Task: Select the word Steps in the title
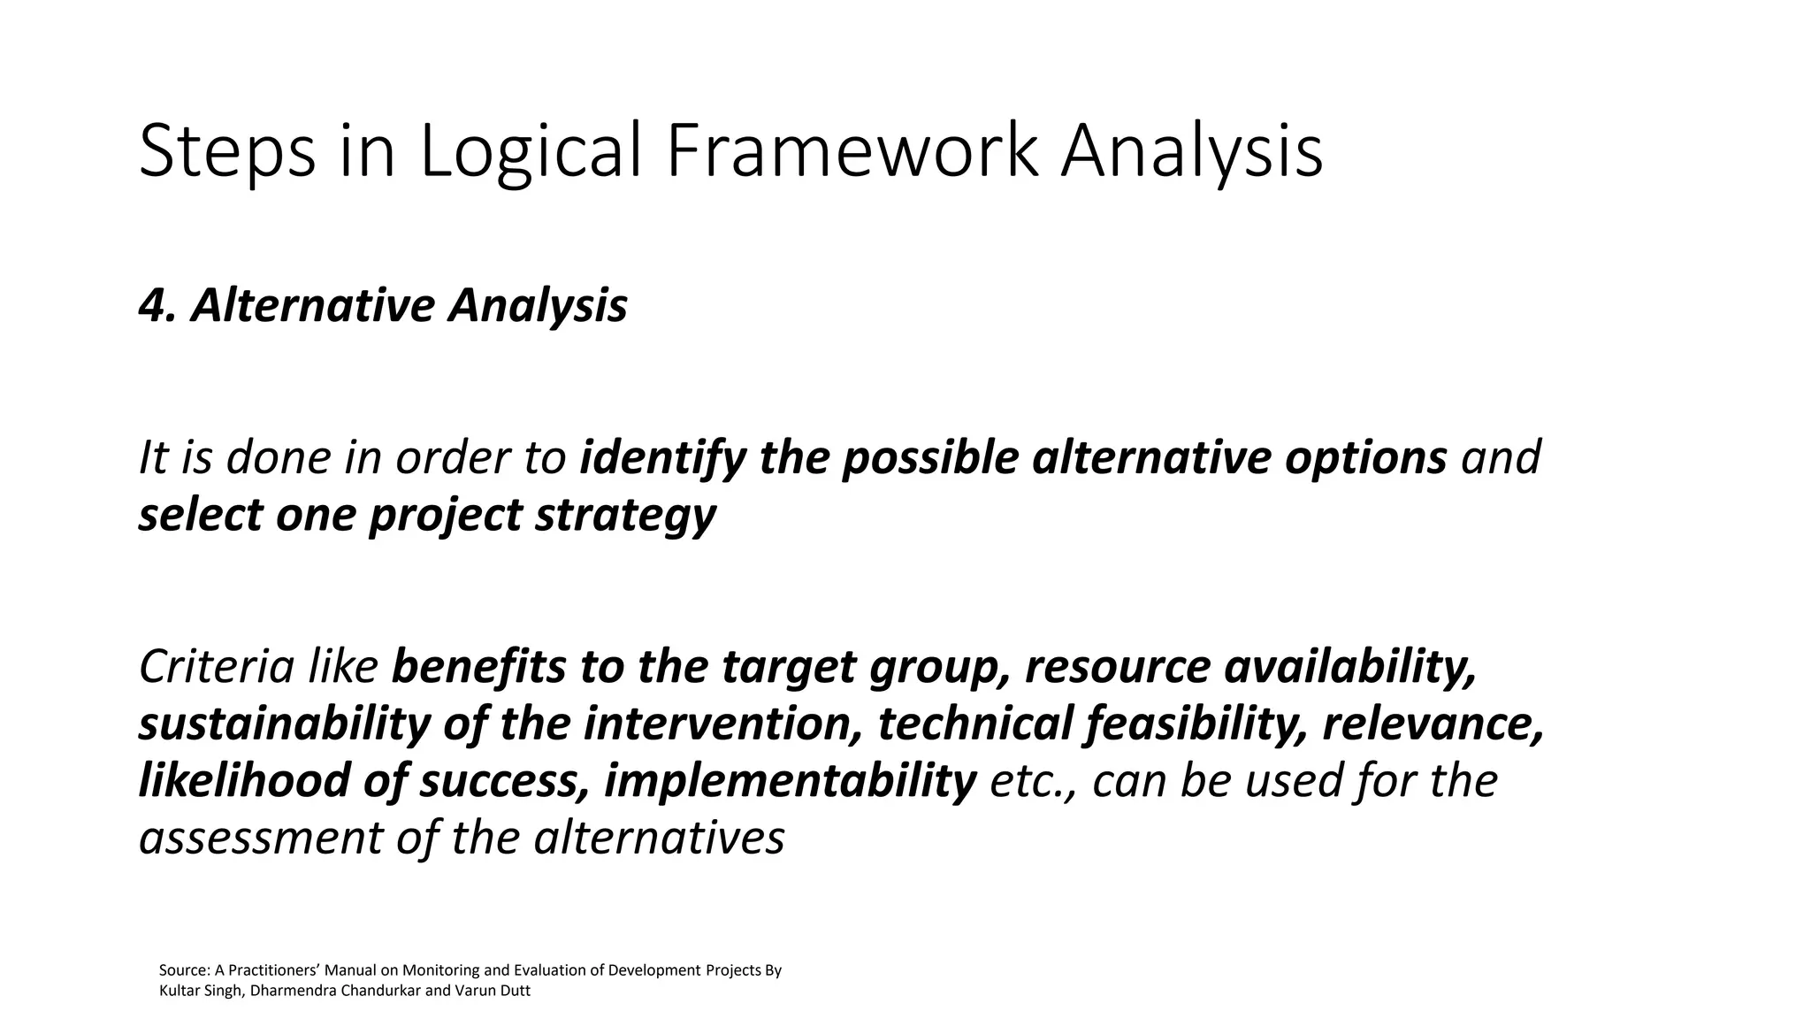coord(227,152)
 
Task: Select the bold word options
coord(1365,458)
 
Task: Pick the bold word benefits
coord(478,667)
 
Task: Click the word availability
coord(1350,667)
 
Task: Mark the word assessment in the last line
coord(259,837)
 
